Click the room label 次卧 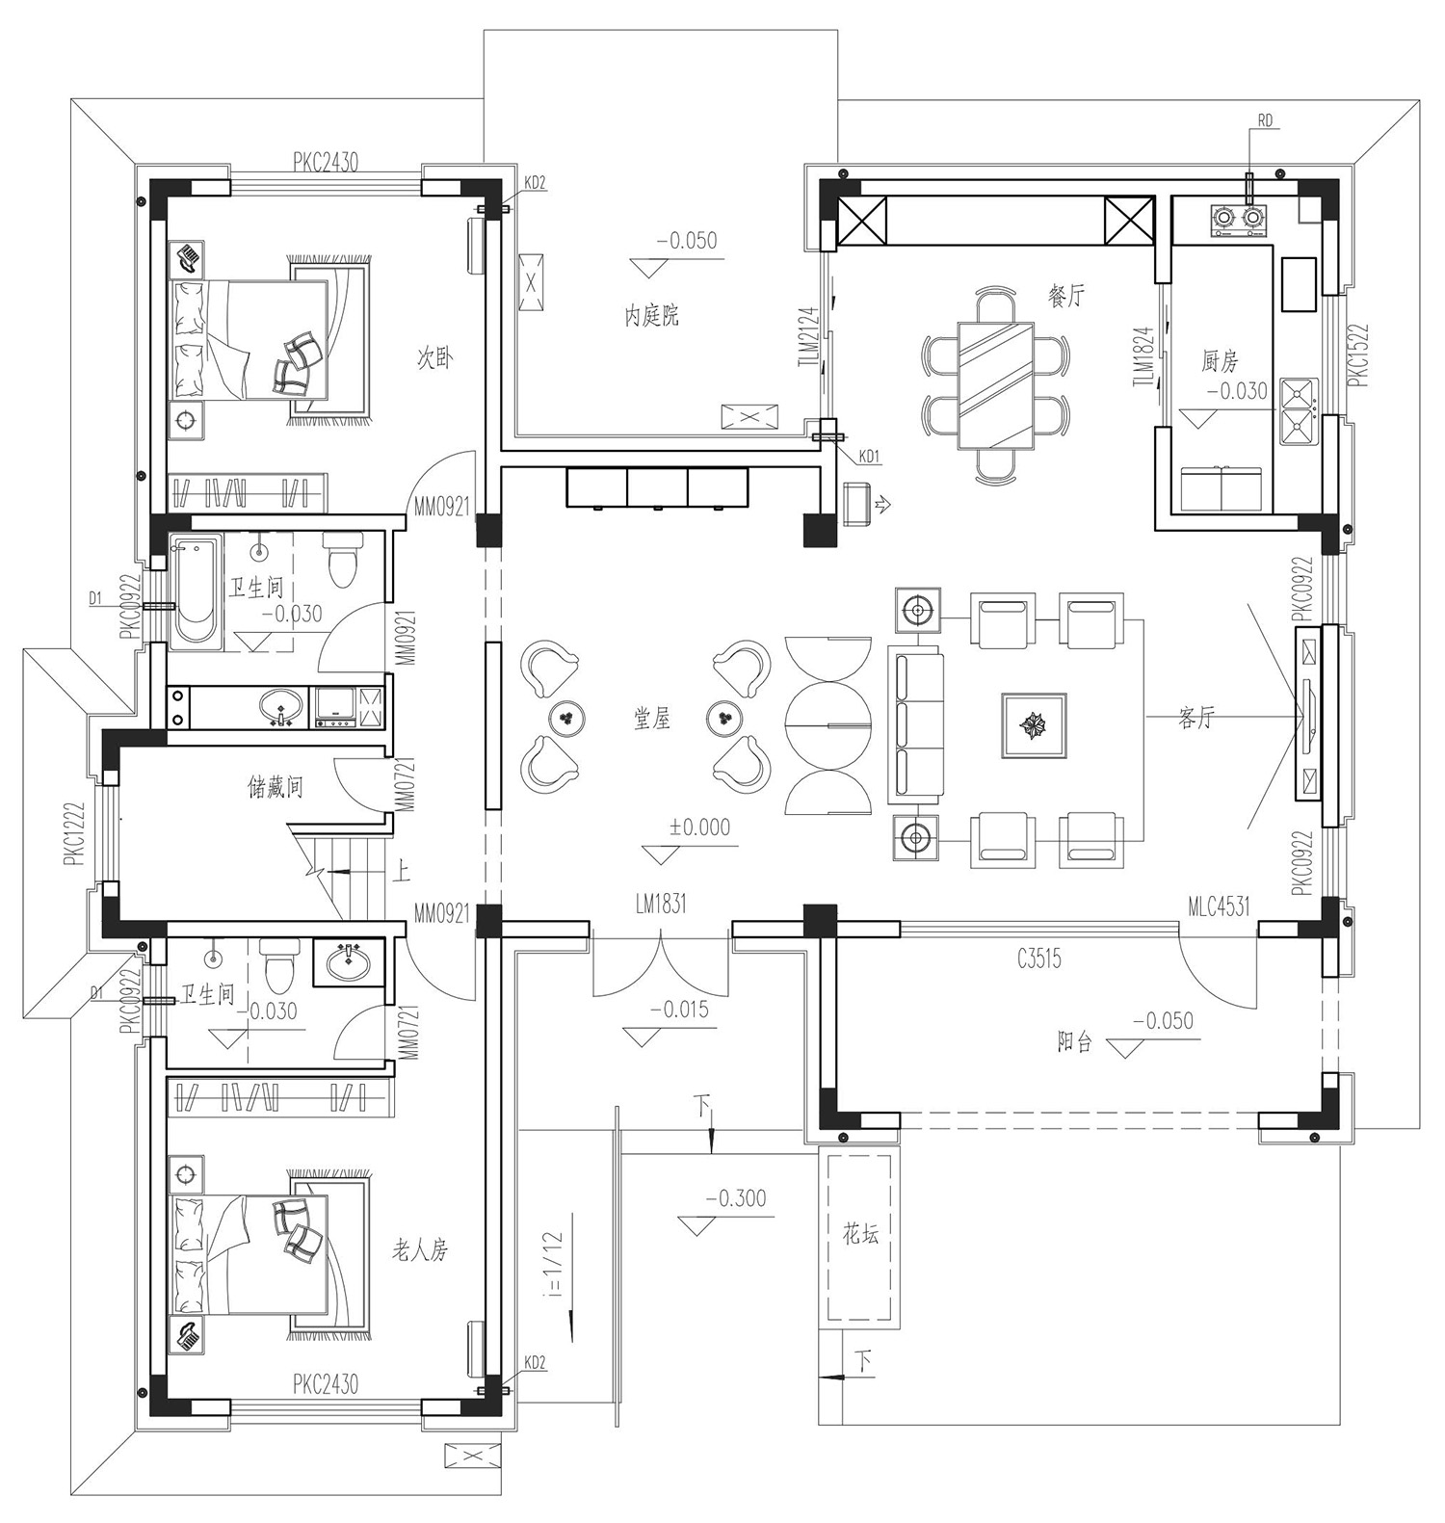point(434,358)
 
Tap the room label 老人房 point(420,1250)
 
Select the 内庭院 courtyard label point(652,315)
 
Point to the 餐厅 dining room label point(1066,296)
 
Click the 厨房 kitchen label point(1220,361)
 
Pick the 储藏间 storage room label point(276,788)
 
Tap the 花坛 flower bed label point(860,1233)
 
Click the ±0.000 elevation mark point(700,827)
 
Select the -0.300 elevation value point(737,1198)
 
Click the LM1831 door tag point(661,903)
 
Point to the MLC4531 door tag point(1219,906)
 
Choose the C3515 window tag point(1038,958)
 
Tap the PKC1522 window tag point(1358,354)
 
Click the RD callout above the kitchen point(1265,120)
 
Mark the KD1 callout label point(870,457)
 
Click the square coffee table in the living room point(1034,724)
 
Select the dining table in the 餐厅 point(995,386)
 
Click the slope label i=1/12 point(553,1263)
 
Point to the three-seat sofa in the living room point(914,724)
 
